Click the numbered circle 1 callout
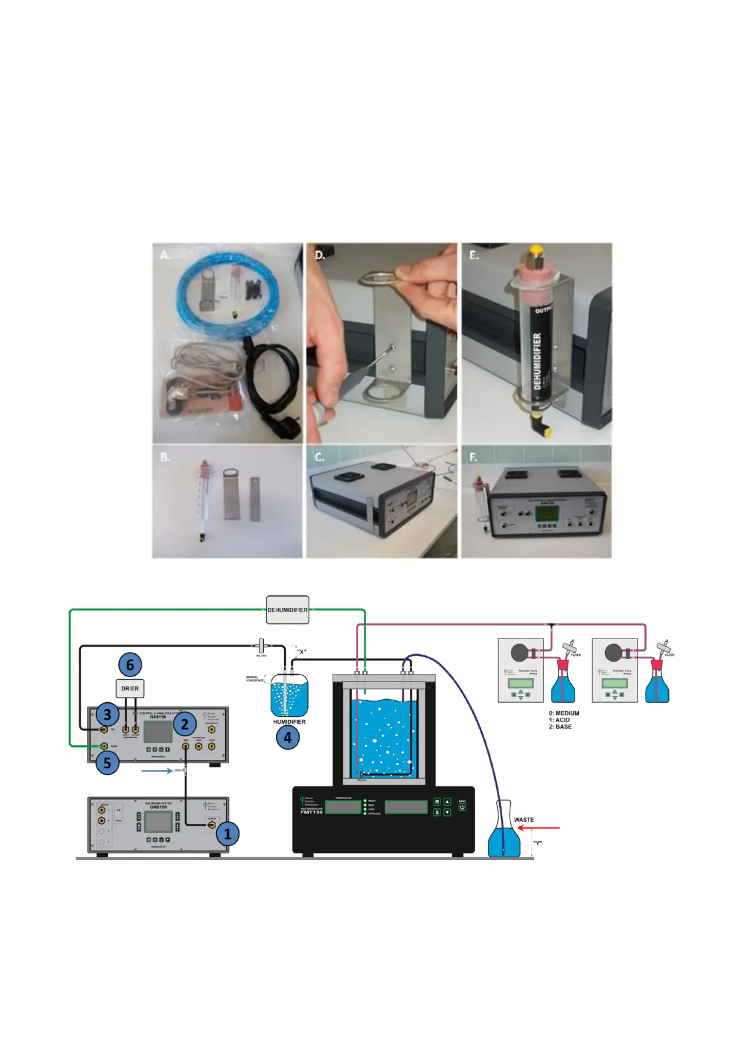tap(228, 833)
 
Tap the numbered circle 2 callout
tap(185, 725)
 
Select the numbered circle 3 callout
tap(107, 715)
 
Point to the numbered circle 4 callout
tap(288, 737)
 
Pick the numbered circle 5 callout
tap(107, 762)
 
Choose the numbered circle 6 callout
tap(130, 665)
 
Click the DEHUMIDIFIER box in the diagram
tap(288, 610)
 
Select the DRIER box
tap(130, 688)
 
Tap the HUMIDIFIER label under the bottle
tap(289, 722)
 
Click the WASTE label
tap(523, 819)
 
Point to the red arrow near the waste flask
tap(540, 828)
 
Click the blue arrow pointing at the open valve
tap(157, 771)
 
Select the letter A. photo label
tap(165, 255)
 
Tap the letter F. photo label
tap(473, 457)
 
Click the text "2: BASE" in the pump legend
tap(560, 726)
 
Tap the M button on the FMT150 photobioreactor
tap(437, 802)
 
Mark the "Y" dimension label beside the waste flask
tap(537, 843)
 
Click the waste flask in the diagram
tap(503, 833)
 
